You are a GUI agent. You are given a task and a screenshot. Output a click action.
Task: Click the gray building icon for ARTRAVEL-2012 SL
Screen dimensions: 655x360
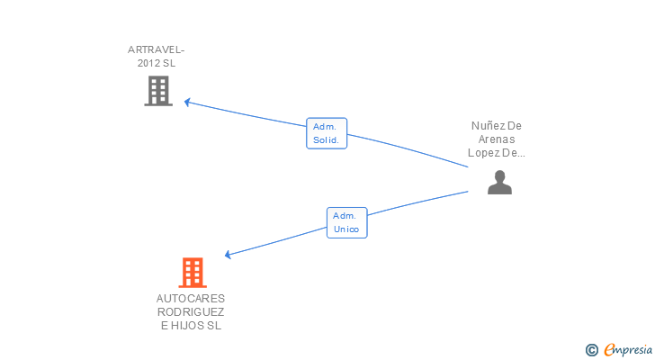(x=158, y=90)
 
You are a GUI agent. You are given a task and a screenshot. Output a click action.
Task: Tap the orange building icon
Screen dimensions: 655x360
(x=192, y=272)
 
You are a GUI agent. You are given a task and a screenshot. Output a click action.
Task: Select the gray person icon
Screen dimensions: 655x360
(x=499, y=182)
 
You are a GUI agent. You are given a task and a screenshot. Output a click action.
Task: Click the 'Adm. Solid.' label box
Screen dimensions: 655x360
(x=327, y=133)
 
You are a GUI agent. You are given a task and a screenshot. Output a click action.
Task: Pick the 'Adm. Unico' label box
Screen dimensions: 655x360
(x=346, y=222)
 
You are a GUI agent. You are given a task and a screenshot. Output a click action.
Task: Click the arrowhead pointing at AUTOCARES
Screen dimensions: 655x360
(x=229, y=255)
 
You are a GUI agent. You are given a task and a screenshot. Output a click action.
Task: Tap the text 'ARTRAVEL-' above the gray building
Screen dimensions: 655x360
(x=162, y=49)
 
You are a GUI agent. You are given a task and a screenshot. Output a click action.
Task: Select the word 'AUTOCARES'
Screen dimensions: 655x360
(x=191, y=298)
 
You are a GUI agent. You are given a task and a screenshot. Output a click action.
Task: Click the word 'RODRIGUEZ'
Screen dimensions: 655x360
(x=191, y=311)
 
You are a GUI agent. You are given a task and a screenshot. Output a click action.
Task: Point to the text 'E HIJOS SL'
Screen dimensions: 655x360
(x=191, y=326)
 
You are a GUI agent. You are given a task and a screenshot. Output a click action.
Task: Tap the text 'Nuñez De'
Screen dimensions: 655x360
(x=497, y=126)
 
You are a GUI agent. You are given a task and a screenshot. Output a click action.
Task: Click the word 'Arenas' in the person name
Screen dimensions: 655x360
(x=497, y=139)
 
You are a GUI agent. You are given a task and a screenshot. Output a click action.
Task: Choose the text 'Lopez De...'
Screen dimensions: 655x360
(x=497, y=153)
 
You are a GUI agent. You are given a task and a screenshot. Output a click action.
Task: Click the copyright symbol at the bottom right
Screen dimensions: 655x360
(x=592, y=350)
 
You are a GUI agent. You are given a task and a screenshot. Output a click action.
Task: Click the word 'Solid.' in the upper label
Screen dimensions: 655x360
(x=327, y=140)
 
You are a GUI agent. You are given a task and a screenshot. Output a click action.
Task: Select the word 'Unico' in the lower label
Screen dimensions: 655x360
(x=346, y=229)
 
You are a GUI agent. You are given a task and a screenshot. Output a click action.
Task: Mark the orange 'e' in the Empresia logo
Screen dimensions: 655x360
(x=609, y=350)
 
